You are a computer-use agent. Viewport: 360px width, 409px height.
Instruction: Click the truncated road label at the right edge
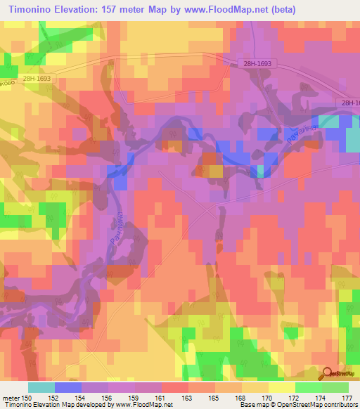(349, 103)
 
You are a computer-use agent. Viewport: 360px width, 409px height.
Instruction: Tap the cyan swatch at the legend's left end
(41, 387)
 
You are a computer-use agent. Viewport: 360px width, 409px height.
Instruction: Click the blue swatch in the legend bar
(68, 387)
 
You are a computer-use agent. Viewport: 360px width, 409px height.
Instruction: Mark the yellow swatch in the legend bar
(282, 387)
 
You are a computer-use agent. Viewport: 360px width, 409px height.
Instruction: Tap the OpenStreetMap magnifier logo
(328, 373)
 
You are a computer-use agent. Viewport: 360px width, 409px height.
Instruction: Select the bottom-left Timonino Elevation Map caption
(42, 405)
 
